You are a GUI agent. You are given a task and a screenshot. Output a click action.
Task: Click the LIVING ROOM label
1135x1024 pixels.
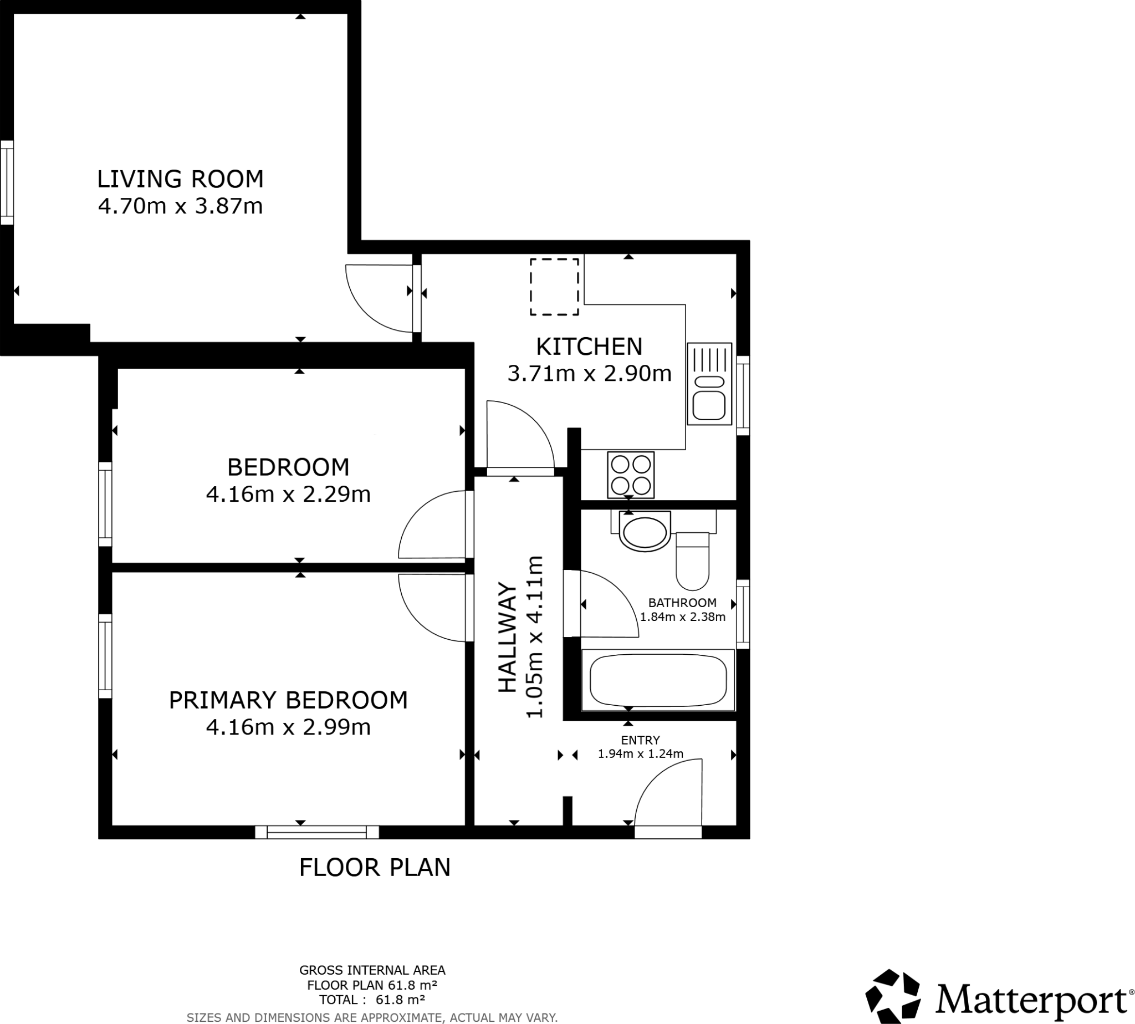[180, 179]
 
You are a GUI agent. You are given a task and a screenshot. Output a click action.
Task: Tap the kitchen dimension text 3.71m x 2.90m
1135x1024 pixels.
[589, 374]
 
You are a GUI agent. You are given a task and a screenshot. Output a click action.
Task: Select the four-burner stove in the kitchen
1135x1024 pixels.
[631, 475]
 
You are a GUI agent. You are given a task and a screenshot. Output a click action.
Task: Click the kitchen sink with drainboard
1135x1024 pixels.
[709, 384]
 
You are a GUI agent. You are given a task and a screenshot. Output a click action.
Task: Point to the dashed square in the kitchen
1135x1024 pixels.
[554, 287]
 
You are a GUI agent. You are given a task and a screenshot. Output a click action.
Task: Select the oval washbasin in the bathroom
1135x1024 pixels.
[644, 532]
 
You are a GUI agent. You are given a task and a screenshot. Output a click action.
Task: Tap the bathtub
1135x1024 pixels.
[657, 680]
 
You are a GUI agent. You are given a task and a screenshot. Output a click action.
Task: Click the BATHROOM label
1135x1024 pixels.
[682, 603]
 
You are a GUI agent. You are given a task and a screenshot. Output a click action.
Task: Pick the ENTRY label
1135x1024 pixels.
[640, 740]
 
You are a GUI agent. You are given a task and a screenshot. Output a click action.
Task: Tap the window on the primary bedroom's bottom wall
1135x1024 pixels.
[316, 832]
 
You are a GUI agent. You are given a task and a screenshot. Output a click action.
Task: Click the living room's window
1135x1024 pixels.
[7, 183]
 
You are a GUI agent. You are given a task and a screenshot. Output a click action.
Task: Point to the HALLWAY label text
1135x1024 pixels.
[507, 638]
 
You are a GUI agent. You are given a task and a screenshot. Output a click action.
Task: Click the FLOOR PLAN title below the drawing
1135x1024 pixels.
[375, 868]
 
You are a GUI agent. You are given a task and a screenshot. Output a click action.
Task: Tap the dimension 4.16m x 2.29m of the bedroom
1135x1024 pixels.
[288, 495]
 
